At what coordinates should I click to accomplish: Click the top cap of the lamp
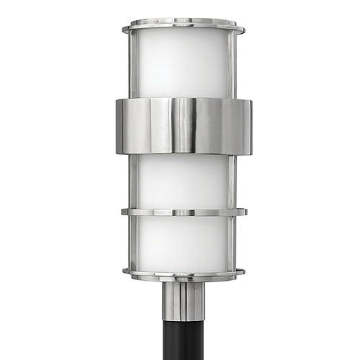click(183, 28)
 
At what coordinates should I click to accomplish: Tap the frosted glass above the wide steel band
click(183, 65)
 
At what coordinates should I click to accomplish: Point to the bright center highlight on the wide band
click(184, 127)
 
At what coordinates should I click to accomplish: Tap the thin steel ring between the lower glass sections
click(183, 212)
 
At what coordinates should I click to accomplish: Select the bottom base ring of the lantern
click(183, 274)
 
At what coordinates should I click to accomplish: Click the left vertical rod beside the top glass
click(132, 65)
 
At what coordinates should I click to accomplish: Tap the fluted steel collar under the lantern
click(183, 299)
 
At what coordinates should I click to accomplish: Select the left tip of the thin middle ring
click(122, 212)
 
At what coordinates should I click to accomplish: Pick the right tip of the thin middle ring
click(244, 212)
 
